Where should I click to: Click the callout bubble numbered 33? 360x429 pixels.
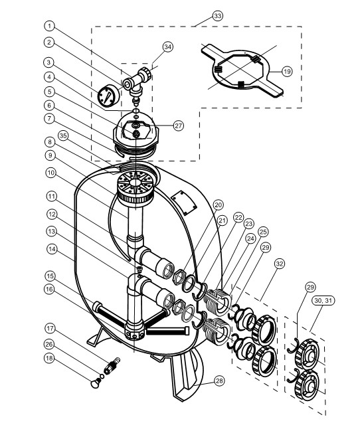point(217,16)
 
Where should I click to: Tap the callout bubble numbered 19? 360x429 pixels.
point(287,72)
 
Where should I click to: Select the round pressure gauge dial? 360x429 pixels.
point(109,96)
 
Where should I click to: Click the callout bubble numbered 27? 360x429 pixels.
point(179,126)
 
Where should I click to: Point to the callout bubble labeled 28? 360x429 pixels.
point(219,381)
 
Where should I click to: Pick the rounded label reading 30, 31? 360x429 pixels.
point(323,300)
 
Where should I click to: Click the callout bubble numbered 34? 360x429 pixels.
point(167,46)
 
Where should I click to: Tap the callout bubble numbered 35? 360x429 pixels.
point(63,136)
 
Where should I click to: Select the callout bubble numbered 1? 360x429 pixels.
point(49,26)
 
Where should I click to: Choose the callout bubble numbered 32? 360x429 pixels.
point(280,264)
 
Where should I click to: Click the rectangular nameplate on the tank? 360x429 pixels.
point(184,203)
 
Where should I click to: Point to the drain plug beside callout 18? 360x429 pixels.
point(95,384)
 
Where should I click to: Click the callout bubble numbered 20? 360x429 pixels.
point(218,205)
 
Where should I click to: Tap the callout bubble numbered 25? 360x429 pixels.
point(262,232)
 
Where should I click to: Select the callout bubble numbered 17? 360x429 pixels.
point(50,328)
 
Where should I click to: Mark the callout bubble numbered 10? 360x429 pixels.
point(50,173)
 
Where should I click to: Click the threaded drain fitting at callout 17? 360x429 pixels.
point(112,365)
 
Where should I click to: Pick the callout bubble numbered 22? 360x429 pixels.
point(238,218)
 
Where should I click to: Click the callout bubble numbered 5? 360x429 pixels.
point(49,92)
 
